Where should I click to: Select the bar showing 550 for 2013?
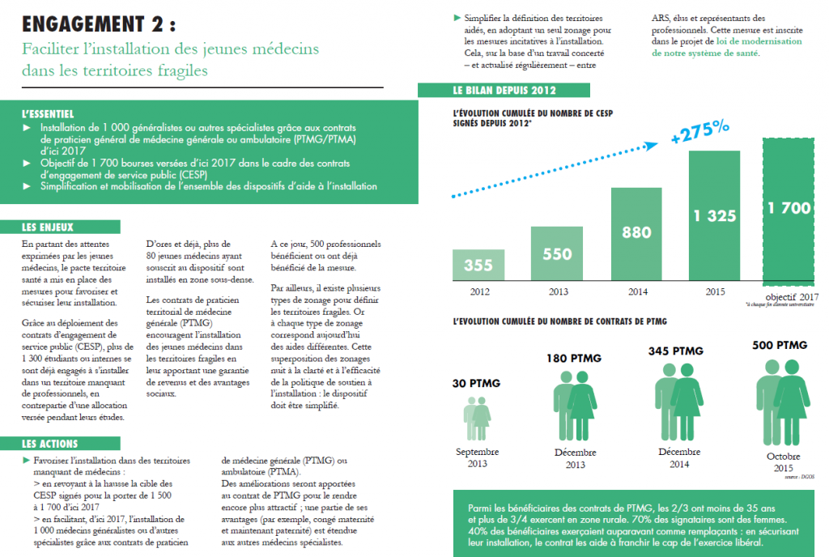pos(557,253)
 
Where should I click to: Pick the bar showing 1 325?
pos(715,215)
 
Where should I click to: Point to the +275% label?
pos(700,133)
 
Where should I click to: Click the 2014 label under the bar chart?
pos(636,290)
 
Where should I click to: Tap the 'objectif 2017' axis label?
pos(791,296)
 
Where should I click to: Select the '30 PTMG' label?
pos(476,383)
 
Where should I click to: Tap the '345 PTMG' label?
pos(676,351)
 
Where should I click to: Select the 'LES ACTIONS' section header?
pos(50,444)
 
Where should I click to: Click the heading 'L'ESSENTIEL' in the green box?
pos(48,114)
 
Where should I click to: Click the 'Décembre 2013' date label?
pos(576,458)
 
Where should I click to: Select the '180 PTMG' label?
pos(575,358)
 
